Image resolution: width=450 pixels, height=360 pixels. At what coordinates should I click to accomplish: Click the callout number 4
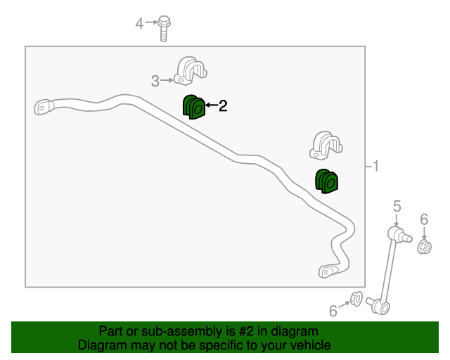[x=139, y=23]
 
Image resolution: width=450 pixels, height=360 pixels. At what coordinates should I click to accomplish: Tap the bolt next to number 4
[x=164, y=28]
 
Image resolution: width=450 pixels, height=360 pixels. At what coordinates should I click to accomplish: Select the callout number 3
[x=155, y=82]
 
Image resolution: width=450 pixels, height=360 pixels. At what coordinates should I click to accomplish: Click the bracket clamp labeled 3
[x=191, y=71]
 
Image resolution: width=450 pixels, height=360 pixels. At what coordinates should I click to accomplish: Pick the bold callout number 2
[x=223, y=105]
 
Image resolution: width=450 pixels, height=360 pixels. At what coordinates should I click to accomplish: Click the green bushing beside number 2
[x=194, y=107]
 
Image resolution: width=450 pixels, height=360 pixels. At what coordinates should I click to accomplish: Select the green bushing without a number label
[x=326, y=181]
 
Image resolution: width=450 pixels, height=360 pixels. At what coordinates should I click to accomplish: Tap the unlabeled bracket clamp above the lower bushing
[x=326, y=146]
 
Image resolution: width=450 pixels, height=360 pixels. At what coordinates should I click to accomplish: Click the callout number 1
[x=375, y=166]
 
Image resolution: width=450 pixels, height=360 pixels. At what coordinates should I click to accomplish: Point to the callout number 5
[x=397, y=206]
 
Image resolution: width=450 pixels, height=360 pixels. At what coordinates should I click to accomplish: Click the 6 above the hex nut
[x=424, y=219]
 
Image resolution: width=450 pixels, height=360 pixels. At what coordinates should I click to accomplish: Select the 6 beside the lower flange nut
[x=333, y=311]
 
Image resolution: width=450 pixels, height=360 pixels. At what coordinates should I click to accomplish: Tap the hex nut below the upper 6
[x=425, y=247]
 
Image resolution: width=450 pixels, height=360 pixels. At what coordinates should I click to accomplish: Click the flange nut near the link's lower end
[x=356, y=299]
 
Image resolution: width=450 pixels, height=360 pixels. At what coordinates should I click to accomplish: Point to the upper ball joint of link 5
[x=399, y=235]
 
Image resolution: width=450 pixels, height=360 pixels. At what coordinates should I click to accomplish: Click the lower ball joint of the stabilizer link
[x=378, y=306]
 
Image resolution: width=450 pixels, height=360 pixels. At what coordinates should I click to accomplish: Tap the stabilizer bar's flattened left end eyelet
[x=44, y=107]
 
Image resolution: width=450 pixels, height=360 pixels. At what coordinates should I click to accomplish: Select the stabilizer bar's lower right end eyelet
[x=328, y=271]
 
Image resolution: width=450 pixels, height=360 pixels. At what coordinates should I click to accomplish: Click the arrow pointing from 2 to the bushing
[x=212, y=105]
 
